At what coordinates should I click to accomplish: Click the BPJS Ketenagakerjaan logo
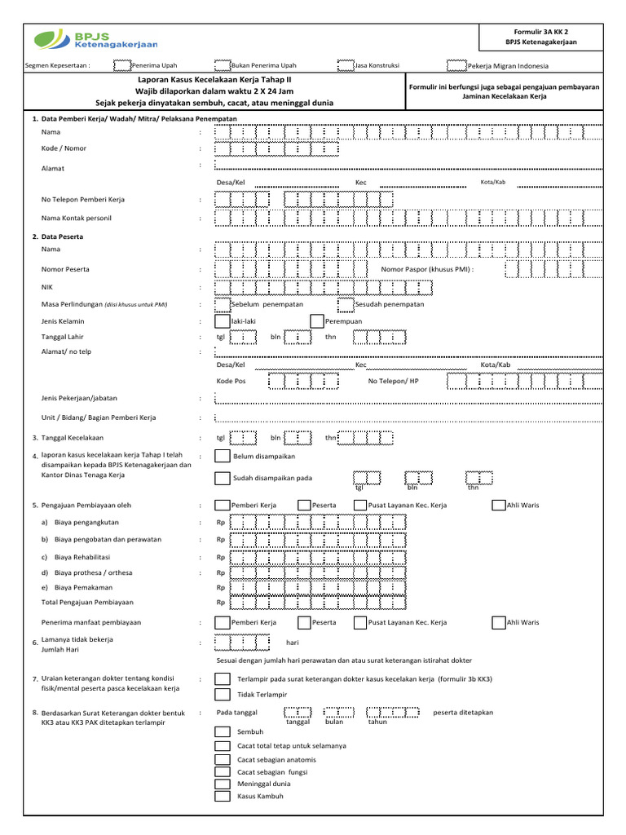tap(96, 38)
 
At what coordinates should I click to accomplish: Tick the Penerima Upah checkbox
tap(121, 65)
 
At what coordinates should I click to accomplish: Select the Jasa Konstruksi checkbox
tap(346, 65)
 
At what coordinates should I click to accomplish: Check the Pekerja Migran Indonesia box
tap(456, 65)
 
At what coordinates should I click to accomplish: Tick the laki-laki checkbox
tap(222, 321)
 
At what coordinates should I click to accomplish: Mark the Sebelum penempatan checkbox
tap(222, 304)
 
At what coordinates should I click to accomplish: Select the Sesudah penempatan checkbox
tap(345, 304)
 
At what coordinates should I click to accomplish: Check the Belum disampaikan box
tap(222, 457)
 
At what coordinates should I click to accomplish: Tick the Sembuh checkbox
tap(222, 732)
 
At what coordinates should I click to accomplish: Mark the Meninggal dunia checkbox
tap(222, 784)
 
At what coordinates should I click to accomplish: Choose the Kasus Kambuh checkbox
tap(222, 797)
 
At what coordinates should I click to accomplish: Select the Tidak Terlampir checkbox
tap(222, 695)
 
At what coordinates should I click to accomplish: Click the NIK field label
tap(47, 287)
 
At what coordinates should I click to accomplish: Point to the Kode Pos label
tap(231, 381)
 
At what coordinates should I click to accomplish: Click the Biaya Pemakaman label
tap(83, 587)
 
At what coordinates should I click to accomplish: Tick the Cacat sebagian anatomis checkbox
tap(222, 759)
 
